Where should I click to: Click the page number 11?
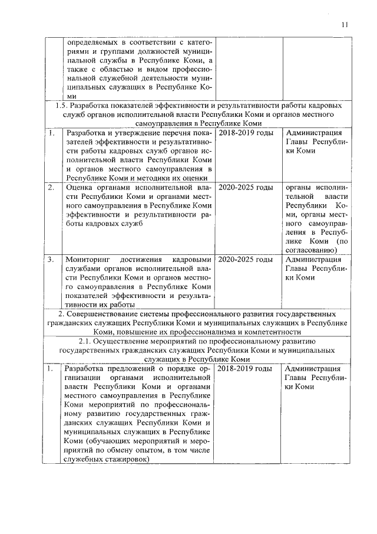[345, 25]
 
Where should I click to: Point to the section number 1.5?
[57, 105]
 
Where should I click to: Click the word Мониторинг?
[89, 259]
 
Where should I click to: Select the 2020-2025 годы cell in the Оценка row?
[245, 187]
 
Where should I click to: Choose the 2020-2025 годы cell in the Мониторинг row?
[245, 259]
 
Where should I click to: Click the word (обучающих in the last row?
[108, 440]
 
